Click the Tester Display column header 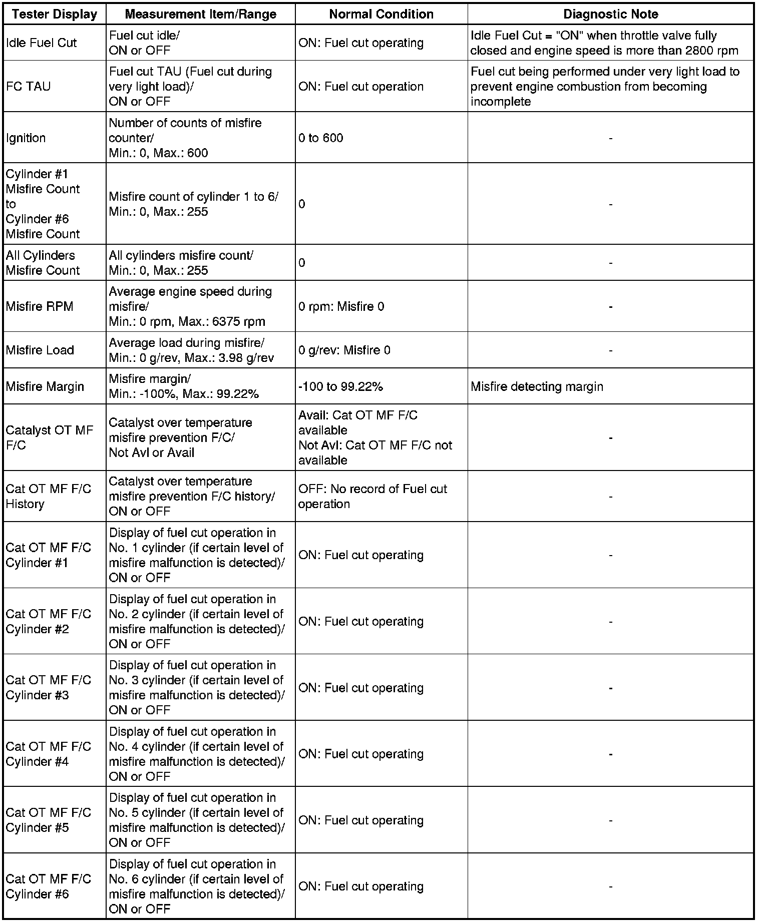[x=55, y=14]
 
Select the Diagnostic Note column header [x=610, y=14]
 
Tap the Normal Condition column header [x=381, y=14]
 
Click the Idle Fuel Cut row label [x=41, y=43]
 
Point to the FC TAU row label [x=28, y=87]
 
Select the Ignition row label [x=26, y=138]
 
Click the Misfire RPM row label [x=40, y=306]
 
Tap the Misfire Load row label [x=40, y=350]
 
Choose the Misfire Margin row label [x=45, y=386]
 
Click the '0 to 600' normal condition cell [x=321, y=138]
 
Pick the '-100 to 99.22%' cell [x=340, y=386]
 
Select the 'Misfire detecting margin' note [x=537, y=386]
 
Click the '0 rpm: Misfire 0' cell [x=341, y=306]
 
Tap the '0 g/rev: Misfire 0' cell [x=344, y=350]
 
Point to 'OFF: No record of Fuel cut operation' [x=372, y=496]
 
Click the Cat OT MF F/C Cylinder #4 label [x=49, y=754]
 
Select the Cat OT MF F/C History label [x=49, y=496]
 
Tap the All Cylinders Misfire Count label [x=43, y=263]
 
